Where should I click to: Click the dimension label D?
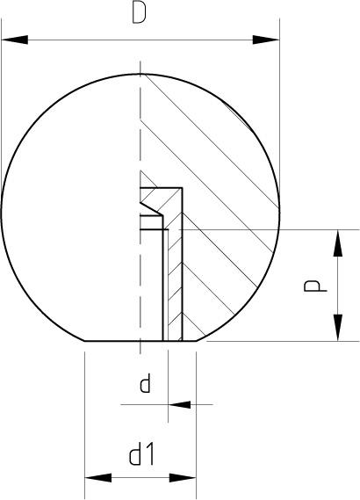(140, 12)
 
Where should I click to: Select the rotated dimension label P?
(315, 286)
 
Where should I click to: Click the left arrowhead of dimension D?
(15, 40)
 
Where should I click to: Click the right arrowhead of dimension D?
(266, 40)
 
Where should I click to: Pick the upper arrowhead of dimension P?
(338, 243)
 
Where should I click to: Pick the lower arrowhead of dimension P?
(338, 328)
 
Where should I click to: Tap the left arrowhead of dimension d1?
(98, 478)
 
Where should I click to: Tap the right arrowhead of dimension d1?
(183, 478)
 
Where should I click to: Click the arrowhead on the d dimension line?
(180, 404)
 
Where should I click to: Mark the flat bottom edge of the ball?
(140, 341)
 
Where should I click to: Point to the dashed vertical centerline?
(140, 207)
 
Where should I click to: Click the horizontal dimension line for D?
(140, 40)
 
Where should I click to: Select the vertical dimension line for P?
(338, 286)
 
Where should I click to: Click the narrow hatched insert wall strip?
(176, 280)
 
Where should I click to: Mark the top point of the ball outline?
(140, 74)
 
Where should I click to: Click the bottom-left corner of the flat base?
(85, 341)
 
